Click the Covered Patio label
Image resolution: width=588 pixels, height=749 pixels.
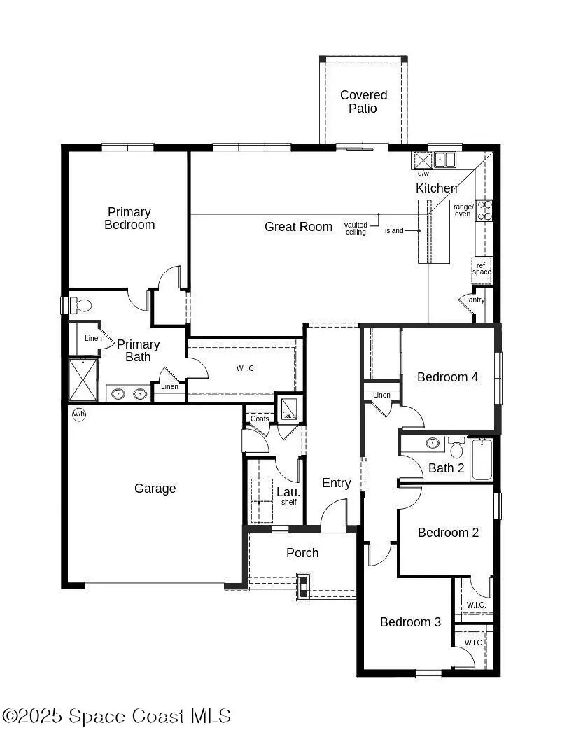363,101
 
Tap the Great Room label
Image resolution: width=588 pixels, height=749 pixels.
298,227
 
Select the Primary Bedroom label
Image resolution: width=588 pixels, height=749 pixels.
129,218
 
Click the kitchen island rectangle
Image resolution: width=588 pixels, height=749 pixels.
434,232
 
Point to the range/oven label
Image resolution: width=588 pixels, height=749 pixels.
463,210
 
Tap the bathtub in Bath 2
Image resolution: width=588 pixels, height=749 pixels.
482,459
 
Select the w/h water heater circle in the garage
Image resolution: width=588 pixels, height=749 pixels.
79,415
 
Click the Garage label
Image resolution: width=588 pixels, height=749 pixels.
155,489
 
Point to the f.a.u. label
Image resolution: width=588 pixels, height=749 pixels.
288,416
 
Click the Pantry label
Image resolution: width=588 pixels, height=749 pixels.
474,300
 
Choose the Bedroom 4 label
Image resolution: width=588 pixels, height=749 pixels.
447,377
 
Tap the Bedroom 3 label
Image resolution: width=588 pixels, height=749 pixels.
410,622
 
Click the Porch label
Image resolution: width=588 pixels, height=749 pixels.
302,553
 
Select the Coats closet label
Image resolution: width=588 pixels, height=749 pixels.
260,419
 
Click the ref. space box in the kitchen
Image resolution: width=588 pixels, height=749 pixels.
482,269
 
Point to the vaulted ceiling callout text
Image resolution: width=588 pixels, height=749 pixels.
356,228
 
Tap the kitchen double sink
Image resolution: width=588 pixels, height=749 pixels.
444,160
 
